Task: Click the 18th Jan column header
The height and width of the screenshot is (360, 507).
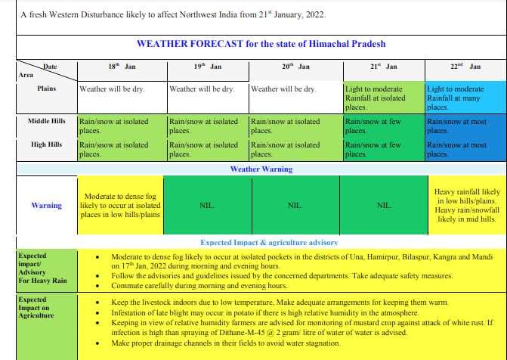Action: click(x=122, y=67)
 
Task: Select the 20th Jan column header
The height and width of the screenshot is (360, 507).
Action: click(x=295, y=67)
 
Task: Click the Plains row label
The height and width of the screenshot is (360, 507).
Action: click(x=47, y=88)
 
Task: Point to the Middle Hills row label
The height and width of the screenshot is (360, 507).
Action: click(x=47, y=121)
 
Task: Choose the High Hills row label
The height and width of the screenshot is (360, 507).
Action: click(x=47, y=144)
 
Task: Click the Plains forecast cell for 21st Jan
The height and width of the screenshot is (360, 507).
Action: click(x=384, y=98)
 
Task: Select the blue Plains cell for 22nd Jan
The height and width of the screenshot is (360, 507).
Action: click(x=465, y=98)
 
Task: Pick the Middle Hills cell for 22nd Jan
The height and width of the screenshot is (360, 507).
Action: click(x=465, y=126)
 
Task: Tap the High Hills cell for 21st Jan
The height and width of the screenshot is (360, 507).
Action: click(x=384, y=149)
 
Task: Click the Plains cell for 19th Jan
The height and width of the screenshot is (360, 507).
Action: click(x=209, y=98)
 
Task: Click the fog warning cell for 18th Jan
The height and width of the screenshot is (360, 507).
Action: click(x=121, y=205)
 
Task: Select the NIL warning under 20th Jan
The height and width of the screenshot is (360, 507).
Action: click(x=295, y=205)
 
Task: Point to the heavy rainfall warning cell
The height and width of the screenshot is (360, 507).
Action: click(x=467, y=205)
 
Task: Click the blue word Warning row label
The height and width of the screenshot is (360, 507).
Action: click(x=47, y=205)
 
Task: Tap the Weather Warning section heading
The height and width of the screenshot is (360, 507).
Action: click(x=261, y=169)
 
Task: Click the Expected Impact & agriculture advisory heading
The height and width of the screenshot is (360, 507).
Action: click(x=269, y=243)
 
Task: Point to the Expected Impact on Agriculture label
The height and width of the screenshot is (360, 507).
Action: click(x=36, y=308)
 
